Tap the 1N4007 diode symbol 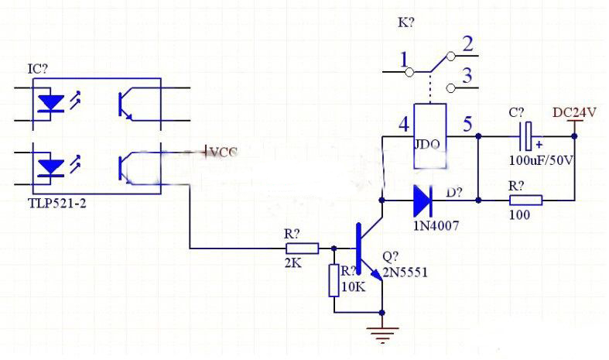point(422,200)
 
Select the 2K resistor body point(302,249)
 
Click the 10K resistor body point(334,280)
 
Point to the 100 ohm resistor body point(525,200)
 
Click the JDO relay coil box point(429,135)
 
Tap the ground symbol point(383,333)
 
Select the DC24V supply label point(574,112)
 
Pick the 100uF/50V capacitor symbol point(527,136)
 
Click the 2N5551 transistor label point(404,273)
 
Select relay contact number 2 point(467,44)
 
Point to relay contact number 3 point(467,76)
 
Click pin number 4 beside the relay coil point(403,124)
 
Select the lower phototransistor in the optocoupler point(127,166)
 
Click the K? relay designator point(405,22)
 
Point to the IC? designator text point(38,69)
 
